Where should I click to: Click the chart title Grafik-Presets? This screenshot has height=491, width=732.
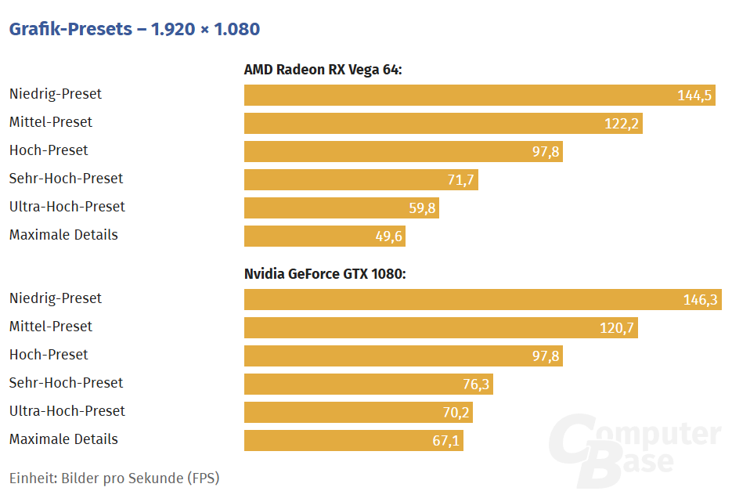[134, 30]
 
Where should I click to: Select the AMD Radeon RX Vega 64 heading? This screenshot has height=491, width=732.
[323, 70]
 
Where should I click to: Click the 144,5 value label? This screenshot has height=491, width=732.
[694, 96]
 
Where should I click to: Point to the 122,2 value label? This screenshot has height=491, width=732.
[622, 124]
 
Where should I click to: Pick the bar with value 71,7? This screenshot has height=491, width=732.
[360, 180]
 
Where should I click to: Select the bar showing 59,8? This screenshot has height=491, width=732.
[341, 208]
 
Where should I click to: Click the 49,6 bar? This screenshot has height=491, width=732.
[324, 236]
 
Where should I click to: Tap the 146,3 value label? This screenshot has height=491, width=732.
[700, 300]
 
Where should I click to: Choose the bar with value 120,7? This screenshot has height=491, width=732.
[440, 328]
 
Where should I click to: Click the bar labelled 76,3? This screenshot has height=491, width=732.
[368, 384]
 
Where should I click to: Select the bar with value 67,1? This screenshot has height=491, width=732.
[353, 441]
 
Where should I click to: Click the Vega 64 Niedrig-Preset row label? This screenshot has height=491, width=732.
[56, 94]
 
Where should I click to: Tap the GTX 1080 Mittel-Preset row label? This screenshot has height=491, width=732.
[51, 327]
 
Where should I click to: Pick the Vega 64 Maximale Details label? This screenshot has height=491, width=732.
[63, 235]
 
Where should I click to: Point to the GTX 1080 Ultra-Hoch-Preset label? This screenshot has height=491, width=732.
[67, 411]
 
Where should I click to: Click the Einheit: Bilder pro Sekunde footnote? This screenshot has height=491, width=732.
[114, 478]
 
